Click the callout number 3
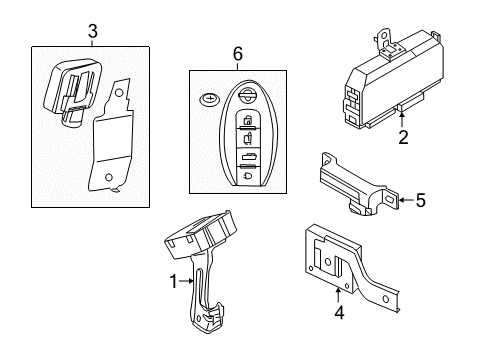[92, 31]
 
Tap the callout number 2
[402, 139]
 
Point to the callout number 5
[420, 200]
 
